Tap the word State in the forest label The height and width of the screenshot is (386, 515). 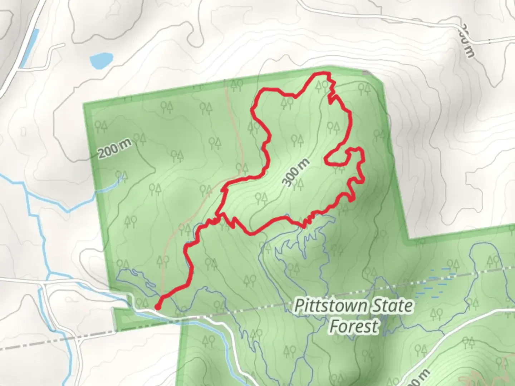click(392, 306)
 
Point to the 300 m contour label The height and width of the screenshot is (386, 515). click(296, 173)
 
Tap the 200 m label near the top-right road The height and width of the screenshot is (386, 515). click(467, 40)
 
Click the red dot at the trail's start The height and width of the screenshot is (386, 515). click(157, 307)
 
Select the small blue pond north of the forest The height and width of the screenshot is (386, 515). click(102, 61)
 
